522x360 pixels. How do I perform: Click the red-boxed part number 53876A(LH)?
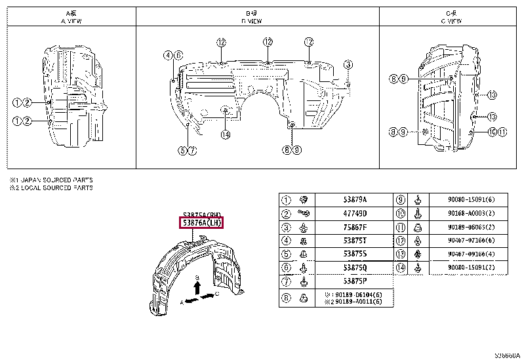coord(201,223)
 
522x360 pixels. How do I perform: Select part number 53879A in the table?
coord(355,200)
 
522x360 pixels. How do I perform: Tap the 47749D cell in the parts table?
coord(355,214)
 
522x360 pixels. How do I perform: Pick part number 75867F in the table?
coord(355,228)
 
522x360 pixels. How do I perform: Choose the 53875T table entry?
coord(355,241)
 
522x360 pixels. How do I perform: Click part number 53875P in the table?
coord(355,281)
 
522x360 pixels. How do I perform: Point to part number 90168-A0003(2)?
coord(468,214)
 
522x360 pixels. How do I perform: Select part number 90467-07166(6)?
coord(468,241)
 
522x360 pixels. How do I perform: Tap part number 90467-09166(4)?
coord(468,254)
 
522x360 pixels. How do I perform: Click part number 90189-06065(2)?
coord(468,228)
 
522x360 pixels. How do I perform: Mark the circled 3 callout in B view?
coord(348,64)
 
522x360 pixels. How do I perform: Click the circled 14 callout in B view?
coord(225,135)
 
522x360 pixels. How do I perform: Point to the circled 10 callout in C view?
coord(492,132)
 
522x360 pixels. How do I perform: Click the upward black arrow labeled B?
coord(197,286)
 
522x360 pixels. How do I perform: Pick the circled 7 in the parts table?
coord(286,281)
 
